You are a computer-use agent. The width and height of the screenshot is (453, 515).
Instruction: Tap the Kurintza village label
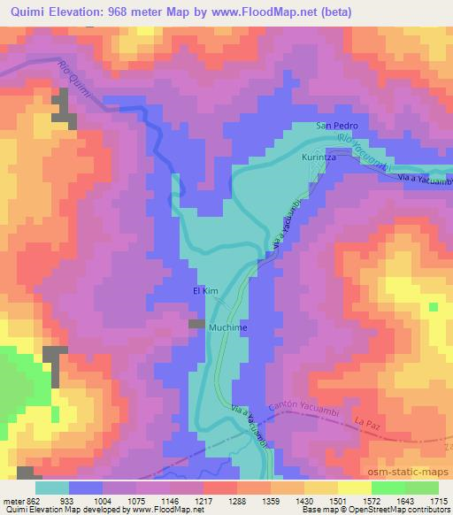(x=320, y=157)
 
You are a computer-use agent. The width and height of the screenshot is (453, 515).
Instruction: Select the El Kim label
(x=204, y=289)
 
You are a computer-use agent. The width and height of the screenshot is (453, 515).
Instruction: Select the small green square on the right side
(x=434, y=307)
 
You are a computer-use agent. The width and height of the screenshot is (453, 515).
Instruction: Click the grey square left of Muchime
(x=195, y=325)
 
